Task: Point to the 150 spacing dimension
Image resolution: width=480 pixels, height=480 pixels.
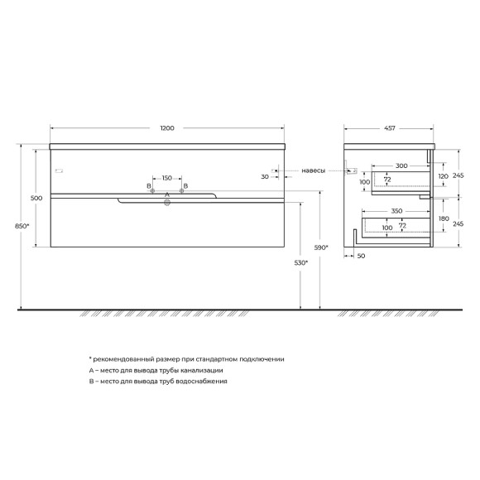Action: tap(166, 178)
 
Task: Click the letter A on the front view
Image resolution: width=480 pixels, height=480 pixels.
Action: tap(167, 194)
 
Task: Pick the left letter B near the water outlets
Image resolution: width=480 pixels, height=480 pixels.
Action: tap(149, 186)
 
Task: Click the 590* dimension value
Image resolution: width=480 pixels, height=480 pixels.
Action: tap(322, 246)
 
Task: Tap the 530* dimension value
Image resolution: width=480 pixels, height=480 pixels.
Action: tap(302, 263)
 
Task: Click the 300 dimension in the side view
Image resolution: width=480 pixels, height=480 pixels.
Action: tap(401, 166)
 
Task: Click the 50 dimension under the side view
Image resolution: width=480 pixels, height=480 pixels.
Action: tap(361, 257)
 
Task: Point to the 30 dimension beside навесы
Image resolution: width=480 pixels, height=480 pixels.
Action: tap(265, 176)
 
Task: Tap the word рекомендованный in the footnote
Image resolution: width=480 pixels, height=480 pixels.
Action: tap(121, 360)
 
